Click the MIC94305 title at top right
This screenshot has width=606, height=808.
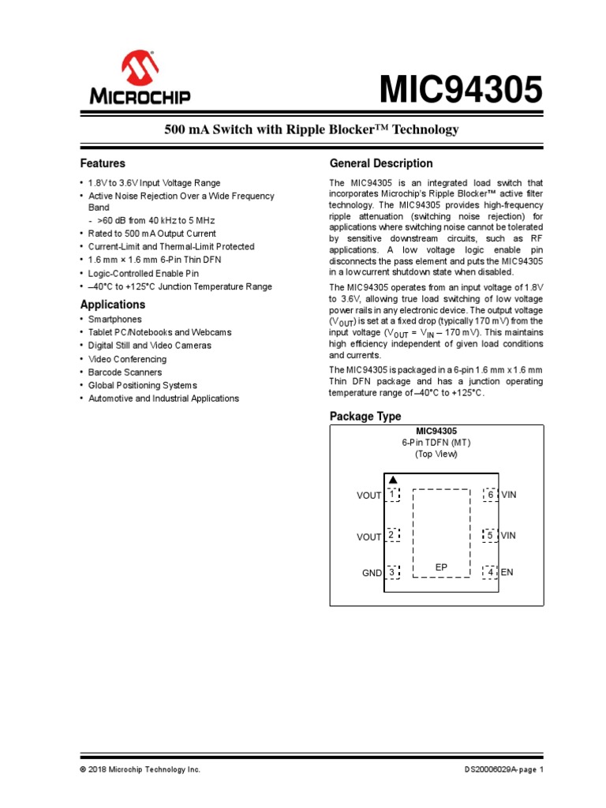tap(462, 91)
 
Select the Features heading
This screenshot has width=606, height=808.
tap(103, 163)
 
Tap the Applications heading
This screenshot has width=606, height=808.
tap(113, 305)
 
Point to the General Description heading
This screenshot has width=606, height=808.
tap(380, 163)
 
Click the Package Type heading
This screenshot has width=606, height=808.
tap(365, 416)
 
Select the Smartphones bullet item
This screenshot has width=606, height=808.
tap(115, 319)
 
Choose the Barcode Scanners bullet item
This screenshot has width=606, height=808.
tap(125, 372)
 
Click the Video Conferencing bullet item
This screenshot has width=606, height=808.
tap(127, 359)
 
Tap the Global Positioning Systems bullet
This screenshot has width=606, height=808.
tap(142, 385)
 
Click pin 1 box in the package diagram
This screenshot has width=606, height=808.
tap(392, 494)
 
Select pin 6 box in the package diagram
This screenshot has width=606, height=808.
tap(490, 494)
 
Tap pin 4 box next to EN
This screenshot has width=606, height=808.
tap(490, 572)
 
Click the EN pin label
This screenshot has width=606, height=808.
tap(507, 572)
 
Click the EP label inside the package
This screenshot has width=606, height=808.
tap(441, 567)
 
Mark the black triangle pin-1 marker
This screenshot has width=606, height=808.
tap(392, 480)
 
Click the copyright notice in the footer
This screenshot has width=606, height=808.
tap(140, 769)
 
